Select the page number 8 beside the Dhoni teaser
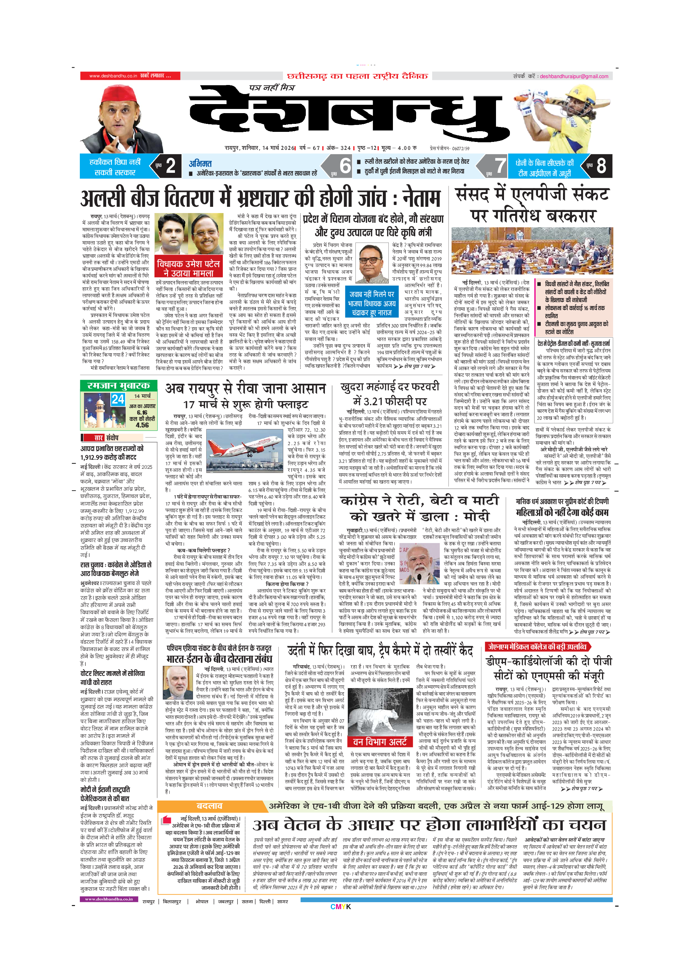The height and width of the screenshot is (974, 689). (601, 166)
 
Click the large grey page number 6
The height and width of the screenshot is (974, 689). (345, 166)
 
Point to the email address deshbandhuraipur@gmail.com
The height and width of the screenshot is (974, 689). (574, 76)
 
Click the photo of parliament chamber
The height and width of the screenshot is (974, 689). (532, 251)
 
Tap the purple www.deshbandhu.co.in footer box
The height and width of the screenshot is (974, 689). (109, 898)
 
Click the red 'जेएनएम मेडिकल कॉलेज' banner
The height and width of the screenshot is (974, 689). (538, 646)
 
